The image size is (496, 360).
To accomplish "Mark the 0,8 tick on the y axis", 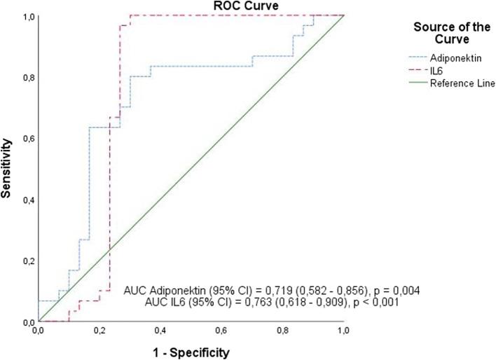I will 26,76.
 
